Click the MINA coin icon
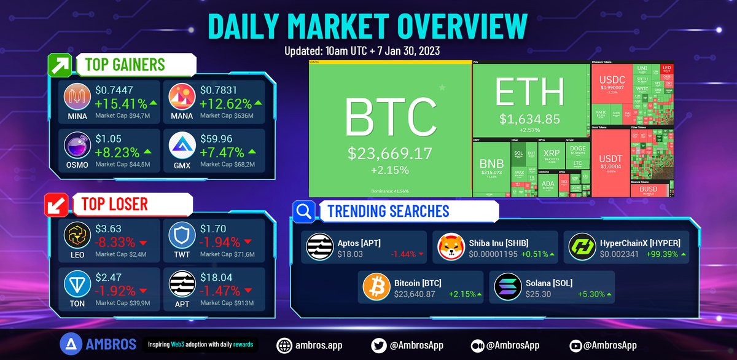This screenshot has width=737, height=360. pyautogui.click(x=77, y=96)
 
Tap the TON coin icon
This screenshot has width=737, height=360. pyautogui.click(x=77, y=283)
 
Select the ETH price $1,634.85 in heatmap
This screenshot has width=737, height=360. pyautogui.click(x=529, y=119)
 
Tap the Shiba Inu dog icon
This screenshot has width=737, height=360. pyautogui.click(x=451, y=247)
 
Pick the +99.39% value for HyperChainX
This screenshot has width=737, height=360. pyautogui.click(x=662, y=254)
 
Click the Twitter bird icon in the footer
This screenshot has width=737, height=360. pyautogui.click(x=380, y=345)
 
